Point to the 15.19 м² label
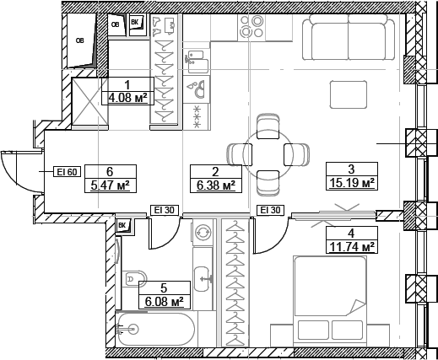point(350,182)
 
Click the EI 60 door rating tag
point(67,172)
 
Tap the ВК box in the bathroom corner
point(122,225)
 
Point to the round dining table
point(268,153)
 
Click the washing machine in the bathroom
point(203,233)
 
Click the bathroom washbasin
point(203,275)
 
